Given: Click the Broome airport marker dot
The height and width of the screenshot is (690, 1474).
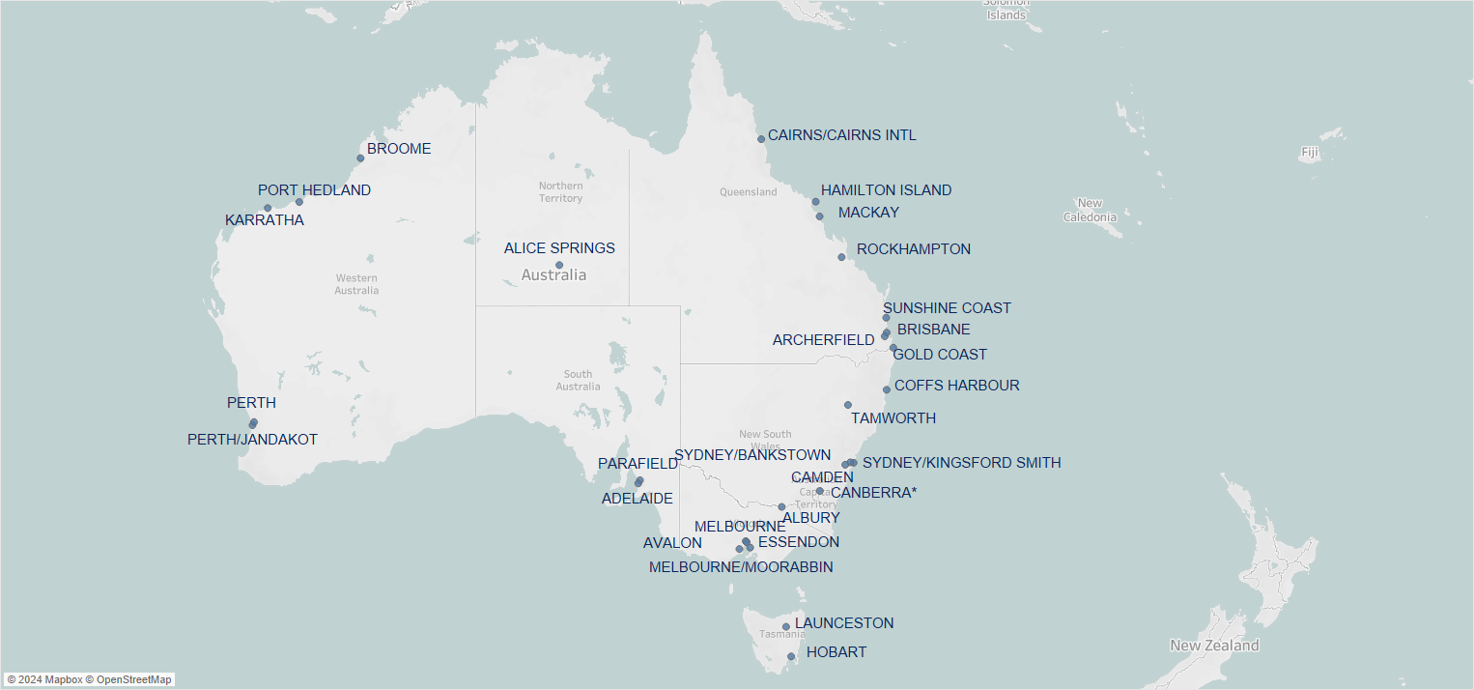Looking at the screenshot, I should (360, 158).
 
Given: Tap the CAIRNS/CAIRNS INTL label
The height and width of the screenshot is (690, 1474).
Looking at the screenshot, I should (841, 135).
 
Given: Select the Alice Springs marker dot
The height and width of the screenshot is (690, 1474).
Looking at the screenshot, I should (559, 265).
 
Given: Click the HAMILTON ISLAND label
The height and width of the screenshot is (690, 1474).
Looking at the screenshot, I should (886, 190).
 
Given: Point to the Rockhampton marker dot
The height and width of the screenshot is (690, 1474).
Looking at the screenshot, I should (841, 257).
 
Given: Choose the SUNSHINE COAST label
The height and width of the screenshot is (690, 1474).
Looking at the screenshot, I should (947, 308).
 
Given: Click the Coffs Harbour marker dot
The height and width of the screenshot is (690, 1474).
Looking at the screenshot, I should (887, 389).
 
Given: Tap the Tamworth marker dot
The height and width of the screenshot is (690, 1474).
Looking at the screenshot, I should (848, 405).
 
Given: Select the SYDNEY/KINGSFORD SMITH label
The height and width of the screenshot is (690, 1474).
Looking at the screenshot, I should (961, 463).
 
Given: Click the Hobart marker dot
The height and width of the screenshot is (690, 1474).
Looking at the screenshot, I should (790, 656).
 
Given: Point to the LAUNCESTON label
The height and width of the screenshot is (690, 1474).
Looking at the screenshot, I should (844, 623).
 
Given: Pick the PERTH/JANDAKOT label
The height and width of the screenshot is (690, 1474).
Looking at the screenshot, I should (252, 440).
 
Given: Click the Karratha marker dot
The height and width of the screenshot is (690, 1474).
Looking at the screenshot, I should (268, 208).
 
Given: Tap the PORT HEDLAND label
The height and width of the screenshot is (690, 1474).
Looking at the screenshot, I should (314, 190).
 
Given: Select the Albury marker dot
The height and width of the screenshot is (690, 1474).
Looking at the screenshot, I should (781, 506).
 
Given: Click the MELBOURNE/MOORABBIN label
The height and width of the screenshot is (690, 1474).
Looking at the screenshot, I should (741, 567).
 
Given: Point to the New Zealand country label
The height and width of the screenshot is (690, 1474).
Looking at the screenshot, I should (1214, 646).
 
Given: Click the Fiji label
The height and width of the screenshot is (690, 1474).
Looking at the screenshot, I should (1309, 153).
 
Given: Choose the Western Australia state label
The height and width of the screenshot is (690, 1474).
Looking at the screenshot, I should (356, 284).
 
